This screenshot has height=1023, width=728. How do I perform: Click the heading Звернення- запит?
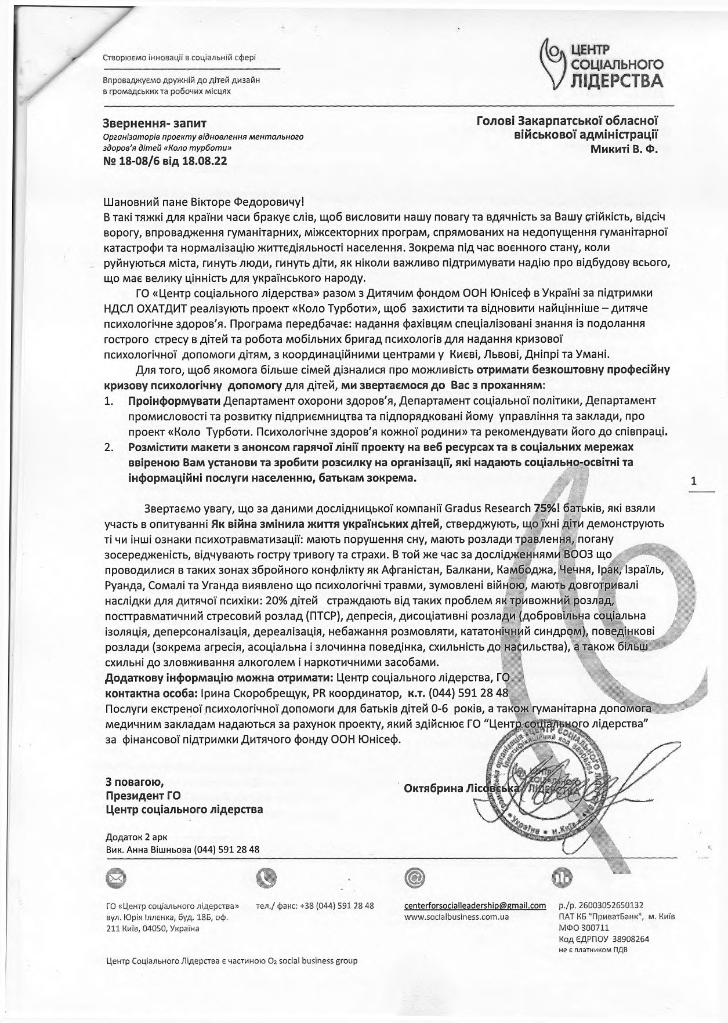[153, 122]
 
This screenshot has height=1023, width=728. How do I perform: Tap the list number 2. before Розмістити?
[109, 448]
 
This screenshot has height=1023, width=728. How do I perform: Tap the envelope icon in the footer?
[115, 879]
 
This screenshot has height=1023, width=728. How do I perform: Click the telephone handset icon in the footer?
[267, 879]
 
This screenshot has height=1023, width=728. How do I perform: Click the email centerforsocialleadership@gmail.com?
[475, 905]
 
